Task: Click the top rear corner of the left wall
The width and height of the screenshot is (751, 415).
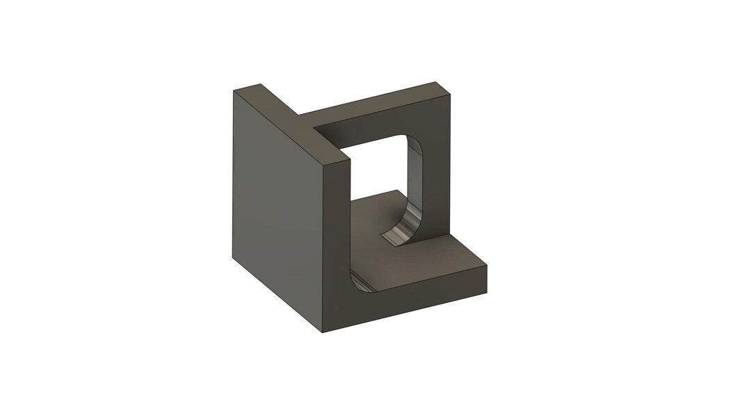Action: [x=260, y=85]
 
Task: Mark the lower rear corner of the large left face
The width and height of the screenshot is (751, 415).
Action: [x=232, y=257]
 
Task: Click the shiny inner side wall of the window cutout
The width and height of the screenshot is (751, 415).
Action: [x=414, y=181]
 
